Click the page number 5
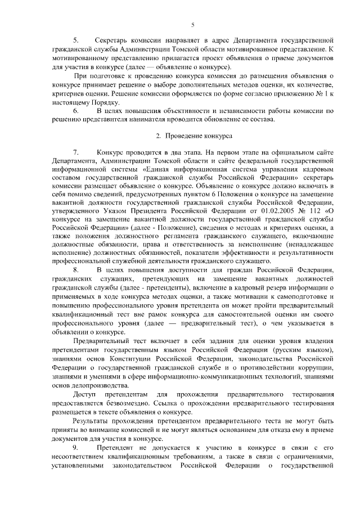192,24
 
